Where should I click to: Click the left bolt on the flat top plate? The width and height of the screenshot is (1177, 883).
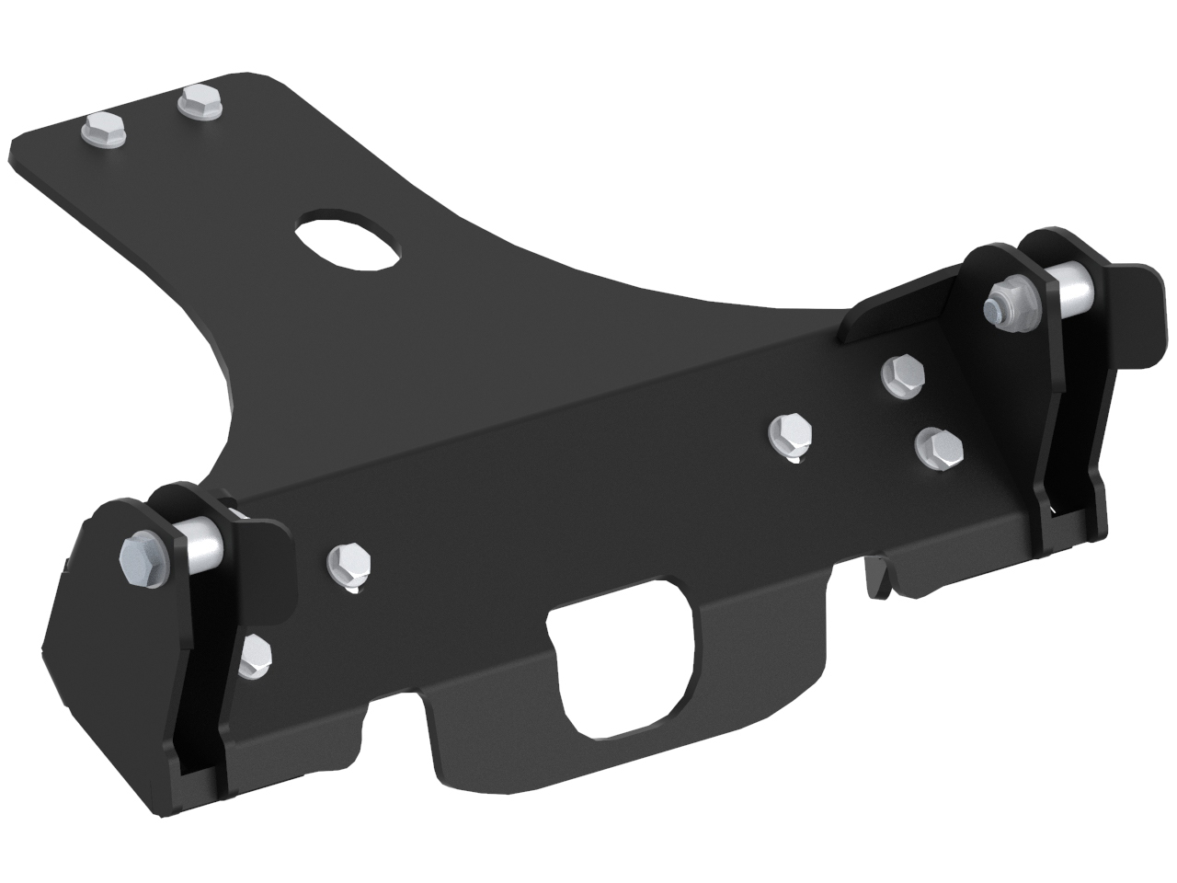pyautogui.click(x=98, y=131)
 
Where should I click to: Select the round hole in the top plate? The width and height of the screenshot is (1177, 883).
pyautogui.click(x=349, y=242)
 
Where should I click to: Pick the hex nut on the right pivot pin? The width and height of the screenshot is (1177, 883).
pyautogui.click(x=1005, y=303)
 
